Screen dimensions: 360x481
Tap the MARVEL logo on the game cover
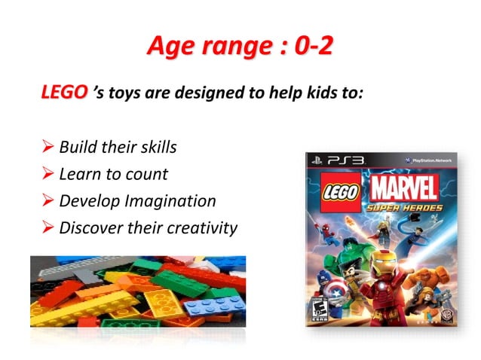point(404,188)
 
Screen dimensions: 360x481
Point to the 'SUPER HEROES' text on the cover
point(404,208)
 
